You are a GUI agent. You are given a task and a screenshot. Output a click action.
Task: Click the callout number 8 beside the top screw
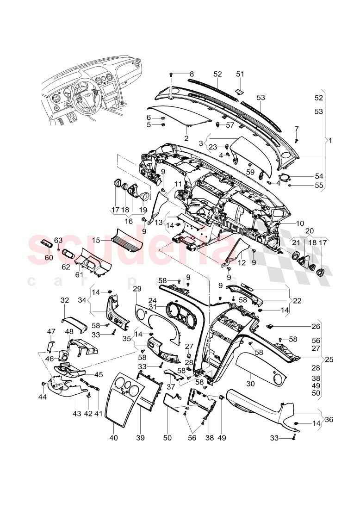(192, 74)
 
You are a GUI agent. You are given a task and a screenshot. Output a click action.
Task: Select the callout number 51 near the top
(240, 74)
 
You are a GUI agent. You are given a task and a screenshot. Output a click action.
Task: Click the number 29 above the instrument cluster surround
(137, 289)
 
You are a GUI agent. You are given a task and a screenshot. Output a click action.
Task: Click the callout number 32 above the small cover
(64, 300)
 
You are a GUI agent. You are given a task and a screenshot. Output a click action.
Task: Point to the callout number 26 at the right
(290, 326)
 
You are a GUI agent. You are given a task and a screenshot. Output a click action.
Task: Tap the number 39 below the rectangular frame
(140, 437)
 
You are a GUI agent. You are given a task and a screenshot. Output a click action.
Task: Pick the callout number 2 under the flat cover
(186, 138)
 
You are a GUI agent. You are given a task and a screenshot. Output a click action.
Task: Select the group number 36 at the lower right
(329, 419)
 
